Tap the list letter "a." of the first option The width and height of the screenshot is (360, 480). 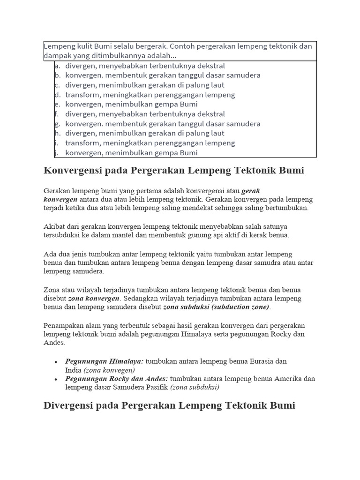tap(58, 66)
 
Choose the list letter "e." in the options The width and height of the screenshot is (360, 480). tap(58, 105)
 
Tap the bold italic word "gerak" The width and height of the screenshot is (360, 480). tap(251, 191)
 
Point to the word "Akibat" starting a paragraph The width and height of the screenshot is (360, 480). tap(54, 226)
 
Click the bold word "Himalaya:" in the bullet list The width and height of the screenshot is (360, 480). tap(127, 361)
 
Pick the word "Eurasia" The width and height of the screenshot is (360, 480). tap(261, 361)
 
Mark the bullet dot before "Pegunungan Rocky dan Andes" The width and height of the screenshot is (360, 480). tap(56, 379)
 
